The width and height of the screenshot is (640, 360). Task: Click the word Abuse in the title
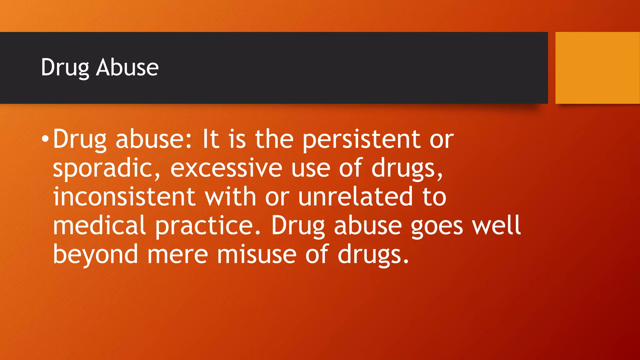pyautogui.click(x=127, y=67)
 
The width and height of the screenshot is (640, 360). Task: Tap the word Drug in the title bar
pyautogui.click(x=65, y=67)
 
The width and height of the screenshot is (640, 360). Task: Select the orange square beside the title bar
pyautogui.click(x=597, y=67)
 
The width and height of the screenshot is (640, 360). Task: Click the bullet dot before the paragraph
pyautogui.click(x=45, y=139)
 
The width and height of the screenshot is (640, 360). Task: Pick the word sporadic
pyautogui.click(x=107, y=168)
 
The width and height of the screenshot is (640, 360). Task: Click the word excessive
pyautogui.click(x=226, y=168)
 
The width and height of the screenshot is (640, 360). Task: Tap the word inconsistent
pyautogui.click(x=124, y=197)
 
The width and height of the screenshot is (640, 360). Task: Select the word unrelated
pyautogui.click(x=355, y=197)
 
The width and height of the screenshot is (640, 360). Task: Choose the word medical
pyautogui.click(x=99, y=226)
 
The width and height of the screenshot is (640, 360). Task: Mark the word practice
pyautogui.click(x=208, y=226)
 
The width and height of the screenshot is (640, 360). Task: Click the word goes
pyautogui.click(x=437, y=226)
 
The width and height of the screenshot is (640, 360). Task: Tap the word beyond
pyautogui.click(x=95, y=254)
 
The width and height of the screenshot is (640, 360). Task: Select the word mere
pyautogui.click(x=177, y=254)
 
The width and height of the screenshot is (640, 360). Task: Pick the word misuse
pyautogui.click(x=257, y=254)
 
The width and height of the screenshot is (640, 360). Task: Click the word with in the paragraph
pyautogui.click(x=230, y=197)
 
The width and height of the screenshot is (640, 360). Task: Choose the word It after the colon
pyautogui.click(x=210, y=139)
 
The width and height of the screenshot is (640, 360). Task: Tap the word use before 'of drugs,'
pyautogui.click(x=311, y=168)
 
